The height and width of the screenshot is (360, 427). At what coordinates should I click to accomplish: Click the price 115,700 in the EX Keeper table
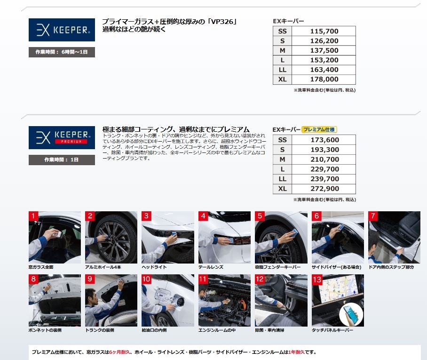tap(324, 32)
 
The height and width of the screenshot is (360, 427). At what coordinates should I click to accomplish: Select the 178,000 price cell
tap(324, 80)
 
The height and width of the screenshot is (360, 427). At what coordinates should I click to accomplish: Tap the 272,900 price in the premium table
tap(324, 189)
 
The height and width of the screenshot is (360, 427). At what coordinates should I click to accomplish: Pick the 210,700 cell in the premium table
tap(324, 160)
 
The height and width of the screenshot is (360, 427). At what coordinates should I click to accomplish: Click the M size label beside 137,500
tap(283, 50)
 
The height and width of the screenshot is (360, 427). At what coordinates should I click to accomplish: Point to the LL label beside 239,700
tap(283, 179)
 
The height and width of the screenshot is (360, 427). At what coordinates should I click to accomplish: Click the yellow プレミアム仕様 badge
tap(319, 129)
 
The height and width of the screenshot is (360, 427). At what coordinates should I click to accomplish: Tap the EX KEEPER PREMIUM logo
tap(62, 137)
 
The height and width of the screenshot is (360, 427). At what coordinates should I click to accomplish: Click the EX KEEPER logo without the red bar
tap(62, 30)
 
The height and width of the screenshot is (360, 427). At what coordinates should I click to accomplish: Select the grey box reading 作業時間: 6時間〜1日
tap(62, 52)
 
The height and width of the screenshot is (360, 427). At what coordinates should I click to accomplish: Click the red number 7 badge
tap(373, 216)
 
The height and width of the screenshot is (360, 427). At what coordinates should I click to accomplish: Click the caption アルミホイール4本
tap(103, 267)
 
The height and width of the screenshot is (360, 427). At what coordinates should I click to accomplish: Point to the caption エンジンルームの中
tap(217, 330)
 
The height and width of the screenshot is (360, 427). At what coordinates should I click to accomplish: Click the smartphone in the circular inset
tap(351, 314)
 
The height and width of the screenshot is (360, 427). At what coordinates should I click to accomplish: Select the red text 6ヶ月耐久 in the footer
tap(119, 352)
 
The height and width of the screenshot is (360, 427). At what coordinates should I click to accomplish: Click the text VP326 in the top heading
tap(222, 22)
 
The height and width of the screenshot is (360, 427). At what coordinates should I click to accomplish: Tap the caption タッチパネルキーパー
tap(332, 330)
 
